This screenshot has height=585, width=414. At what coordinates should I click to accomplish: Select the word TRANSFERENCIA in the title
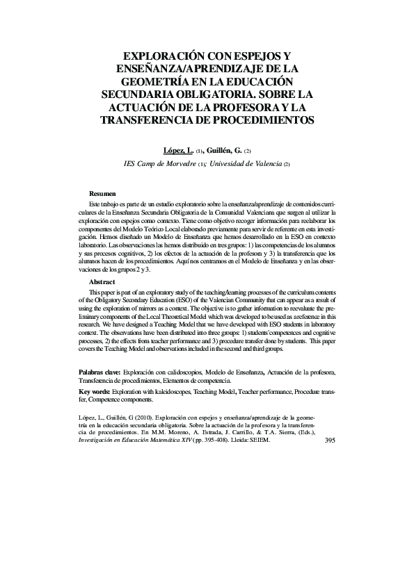point(153,119)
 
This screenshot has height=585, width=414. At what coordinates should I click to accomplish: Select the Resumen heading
point(102,192)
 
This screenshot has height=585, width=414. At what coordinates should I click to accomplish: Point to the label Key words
point(94,393)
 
